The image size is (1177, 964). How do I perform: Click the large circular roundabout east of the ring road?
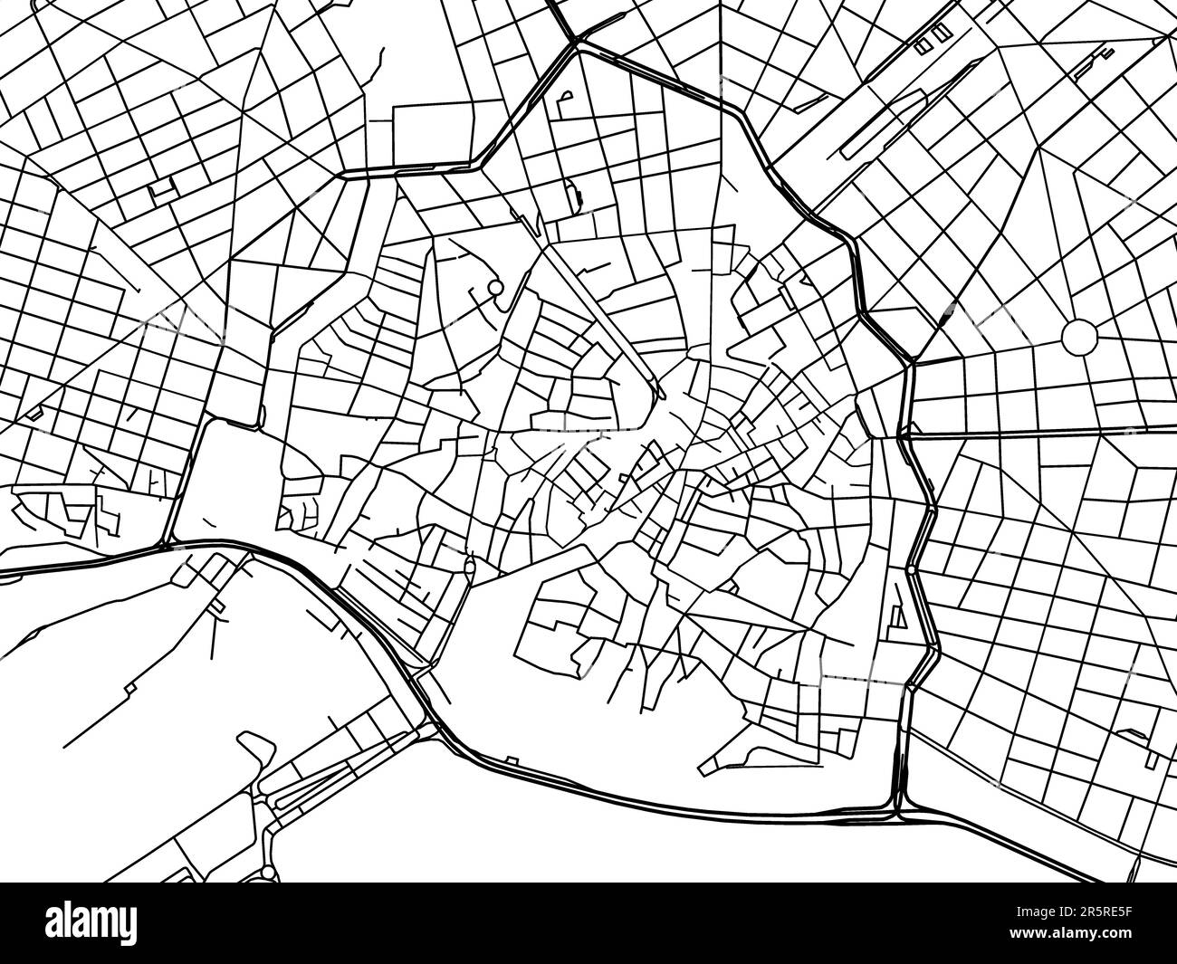click(1078, 337)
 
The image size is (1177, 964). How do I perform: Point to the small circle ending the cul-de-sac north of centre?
click(494, 289)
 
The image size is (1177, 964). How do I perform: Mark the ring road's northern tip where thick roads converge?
click(576, 40)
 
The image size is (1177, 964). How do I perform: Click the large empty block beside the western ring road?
click(222, 480)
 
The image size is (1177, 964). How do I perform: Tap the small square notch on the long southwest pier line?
click(130, 688)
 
